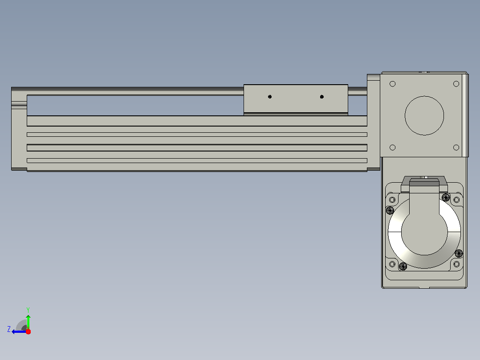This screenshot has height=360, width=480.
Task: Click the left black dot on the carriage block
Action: pos(270,97)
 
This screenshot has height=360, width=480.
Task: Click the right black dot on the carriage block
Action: pos(322,97)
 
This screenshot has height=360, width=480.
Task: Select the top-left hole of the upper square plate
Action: pos(392,84)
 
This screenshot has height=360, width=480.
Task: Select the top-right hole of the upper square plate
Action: pos(456,84)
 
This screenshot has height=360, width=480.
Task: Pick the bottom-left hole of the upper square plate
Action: pos(392,147)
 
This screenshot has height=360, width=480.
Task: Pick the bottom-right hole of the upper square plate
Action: pos(456,147)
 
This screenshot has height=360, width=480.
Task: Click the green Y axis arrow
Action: pos(28,321)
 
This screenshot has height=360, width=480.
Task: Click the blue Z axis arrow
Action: pos(19,331)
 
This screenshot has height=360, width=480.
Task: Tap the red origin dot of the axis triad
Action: pos(28,331)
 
